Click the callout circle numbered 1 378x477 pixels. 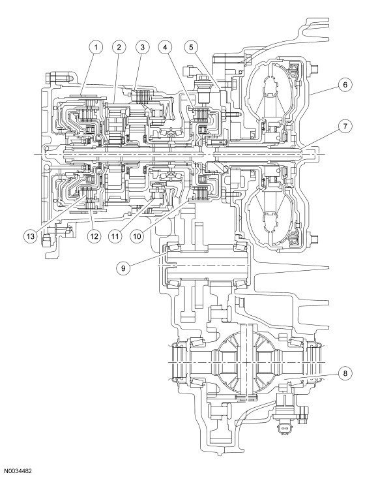(x=96, y=47)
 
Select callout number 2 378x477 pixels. (x=118, y=47)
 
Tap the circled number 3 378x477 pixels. (x=140, y=47)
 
